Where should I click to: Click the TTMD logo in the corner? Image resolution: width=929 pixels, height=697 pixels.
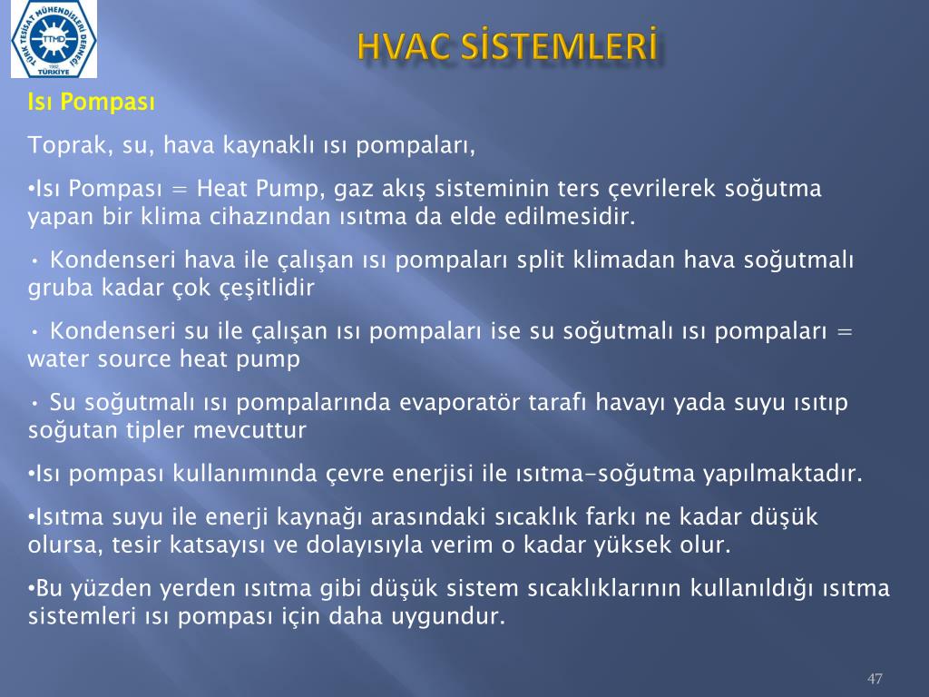[x=54, y=39]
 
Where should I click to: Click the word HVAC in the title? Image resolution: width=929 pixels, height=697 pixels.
[x=404, y=47]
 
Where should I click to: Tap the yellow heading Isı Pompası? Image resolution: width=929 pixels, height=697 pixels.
[x=92, y=103]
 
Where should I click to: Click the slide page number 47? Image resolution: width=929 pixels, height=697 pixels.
[x=875, y=679]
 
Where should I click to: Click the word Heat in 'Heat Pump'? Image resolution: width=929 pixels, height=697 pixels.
[x=223, y=189]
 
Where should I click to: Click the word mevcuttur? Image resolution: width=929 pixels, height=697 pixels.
[x=250, y=430]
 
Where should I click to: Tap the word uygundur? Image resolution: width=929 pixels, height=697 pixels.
[x=448, y=617]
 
